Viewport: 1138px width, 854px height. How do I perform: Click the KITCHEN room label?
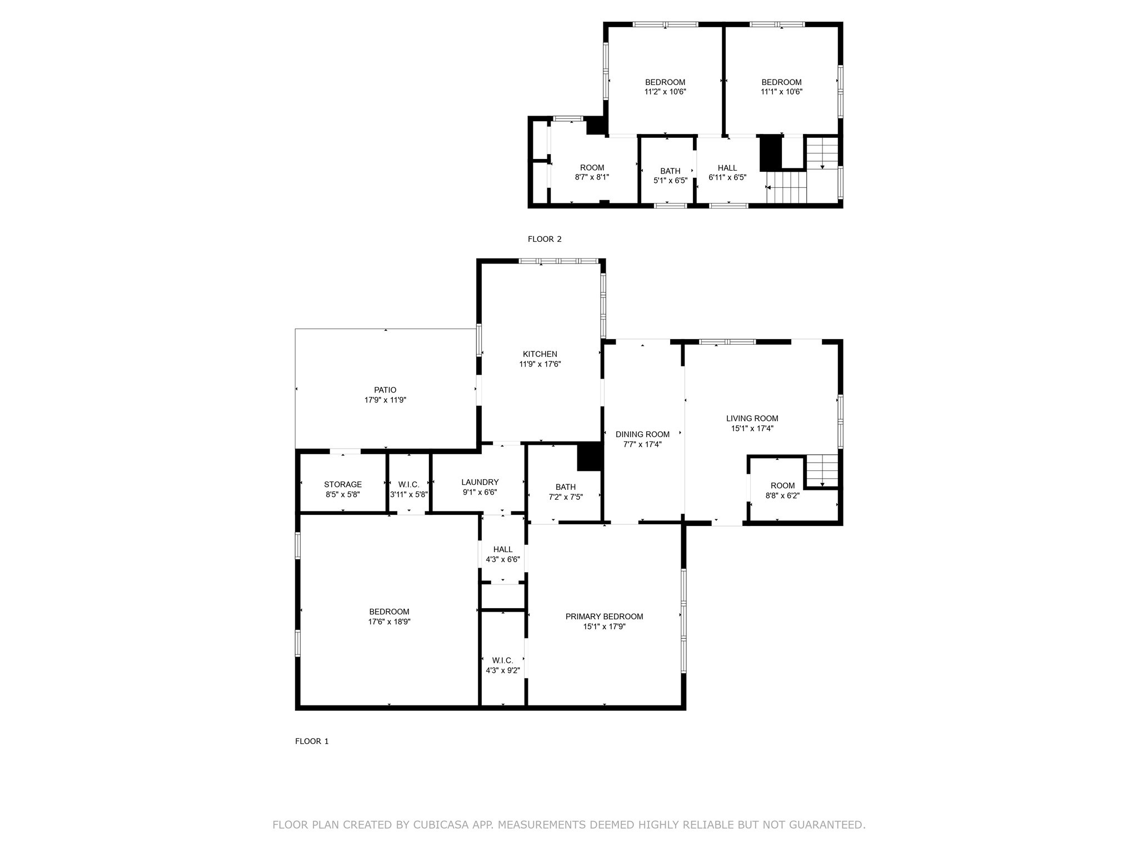(540, 354)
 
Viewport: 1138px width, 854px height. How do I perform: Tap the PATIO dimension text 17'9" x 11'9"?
(385, 400)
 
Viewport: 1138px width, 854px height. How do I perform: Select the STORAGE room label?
(343, 484)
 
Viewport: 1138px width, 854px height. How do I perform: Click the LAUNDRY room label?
(480, 482)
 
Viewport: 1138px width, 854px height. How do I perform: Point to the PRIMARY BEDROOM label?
(604, 616)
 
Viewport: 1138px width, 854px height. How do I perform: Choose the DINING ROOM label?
(642, 434)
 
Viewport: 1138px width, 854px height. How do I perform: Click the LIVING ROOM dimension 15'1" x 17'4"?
(752, 429)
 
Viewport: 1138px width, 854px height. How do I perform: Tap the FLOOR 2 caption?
(545, 239)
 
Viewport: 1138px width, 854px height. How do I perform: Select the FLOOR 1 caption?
(312, 741)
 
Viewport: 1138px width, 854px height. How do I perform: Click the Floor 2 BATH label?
(670, 171)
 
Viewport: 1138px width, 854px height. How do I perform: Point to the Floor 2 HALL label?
(727, 168)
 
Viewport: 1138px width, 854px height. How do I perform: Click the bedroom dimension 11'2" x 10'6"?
(665, 92)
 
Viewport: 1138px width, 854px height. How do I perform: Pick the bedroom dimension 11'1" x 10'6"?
(781, 92)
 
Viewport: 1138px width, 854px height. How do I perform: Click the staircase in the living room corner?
(822, 470)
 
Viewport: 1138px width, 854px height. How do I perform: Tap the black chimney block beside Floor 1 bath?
(590, 457)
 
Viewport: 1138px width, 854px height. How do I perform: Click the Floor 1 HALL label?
(503, 549)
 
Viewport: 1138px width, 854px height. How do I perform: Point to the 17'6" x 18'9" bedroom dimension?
(389, 622)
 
